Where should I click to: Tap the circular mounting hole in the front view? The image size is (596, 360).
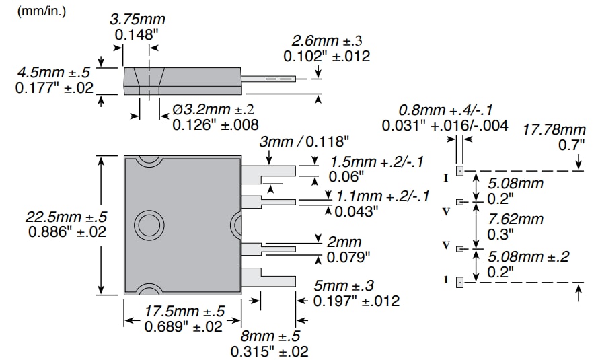point(147,225)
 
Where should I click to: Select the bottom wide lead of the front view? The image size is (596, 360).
point(268,276)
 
